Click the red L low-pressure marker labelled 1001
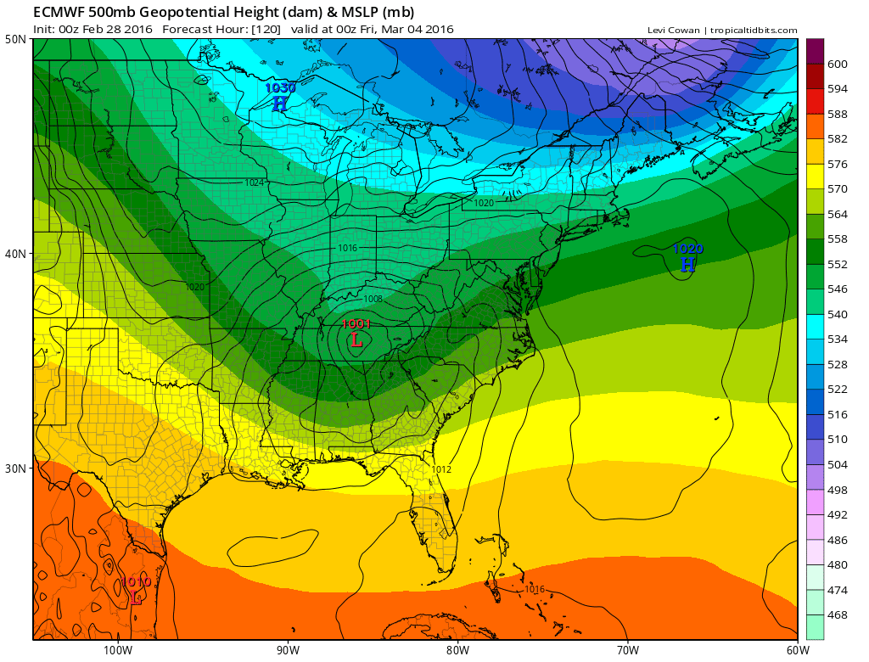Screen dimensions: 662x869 tap(356, 339)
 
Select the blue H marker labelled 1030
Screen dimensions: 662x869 tap(279, 104)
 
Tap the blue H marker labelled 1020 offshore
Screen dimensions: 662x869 tap(687, 265)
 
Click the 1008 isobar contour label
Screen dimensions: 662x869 tap(373, 299)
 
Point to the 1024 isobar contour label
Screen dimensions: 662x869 tap(254, 182)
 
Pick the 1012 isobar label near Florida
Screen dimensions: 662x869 tap(441, 469)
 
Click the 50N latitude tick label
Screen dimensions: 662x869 tap(16, 39)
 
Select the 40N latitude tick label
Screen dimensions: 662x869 tap(16, 254)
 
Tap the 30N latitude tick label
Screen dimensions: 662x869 tap(16, 468)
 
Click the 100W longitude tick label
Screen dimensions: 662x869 tap(118, 650)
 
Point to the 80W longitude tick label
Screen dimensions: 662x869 tap(457, 650)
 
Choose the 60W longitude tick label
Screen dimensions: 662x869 tap(796, 650)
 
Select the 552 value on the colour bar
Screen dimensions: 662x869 tap(838, 265)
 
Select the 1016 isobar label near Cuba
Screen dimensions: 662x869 tap(535, 589)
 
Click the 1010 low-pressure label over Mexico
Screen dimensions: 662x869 tap(136, 582)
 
